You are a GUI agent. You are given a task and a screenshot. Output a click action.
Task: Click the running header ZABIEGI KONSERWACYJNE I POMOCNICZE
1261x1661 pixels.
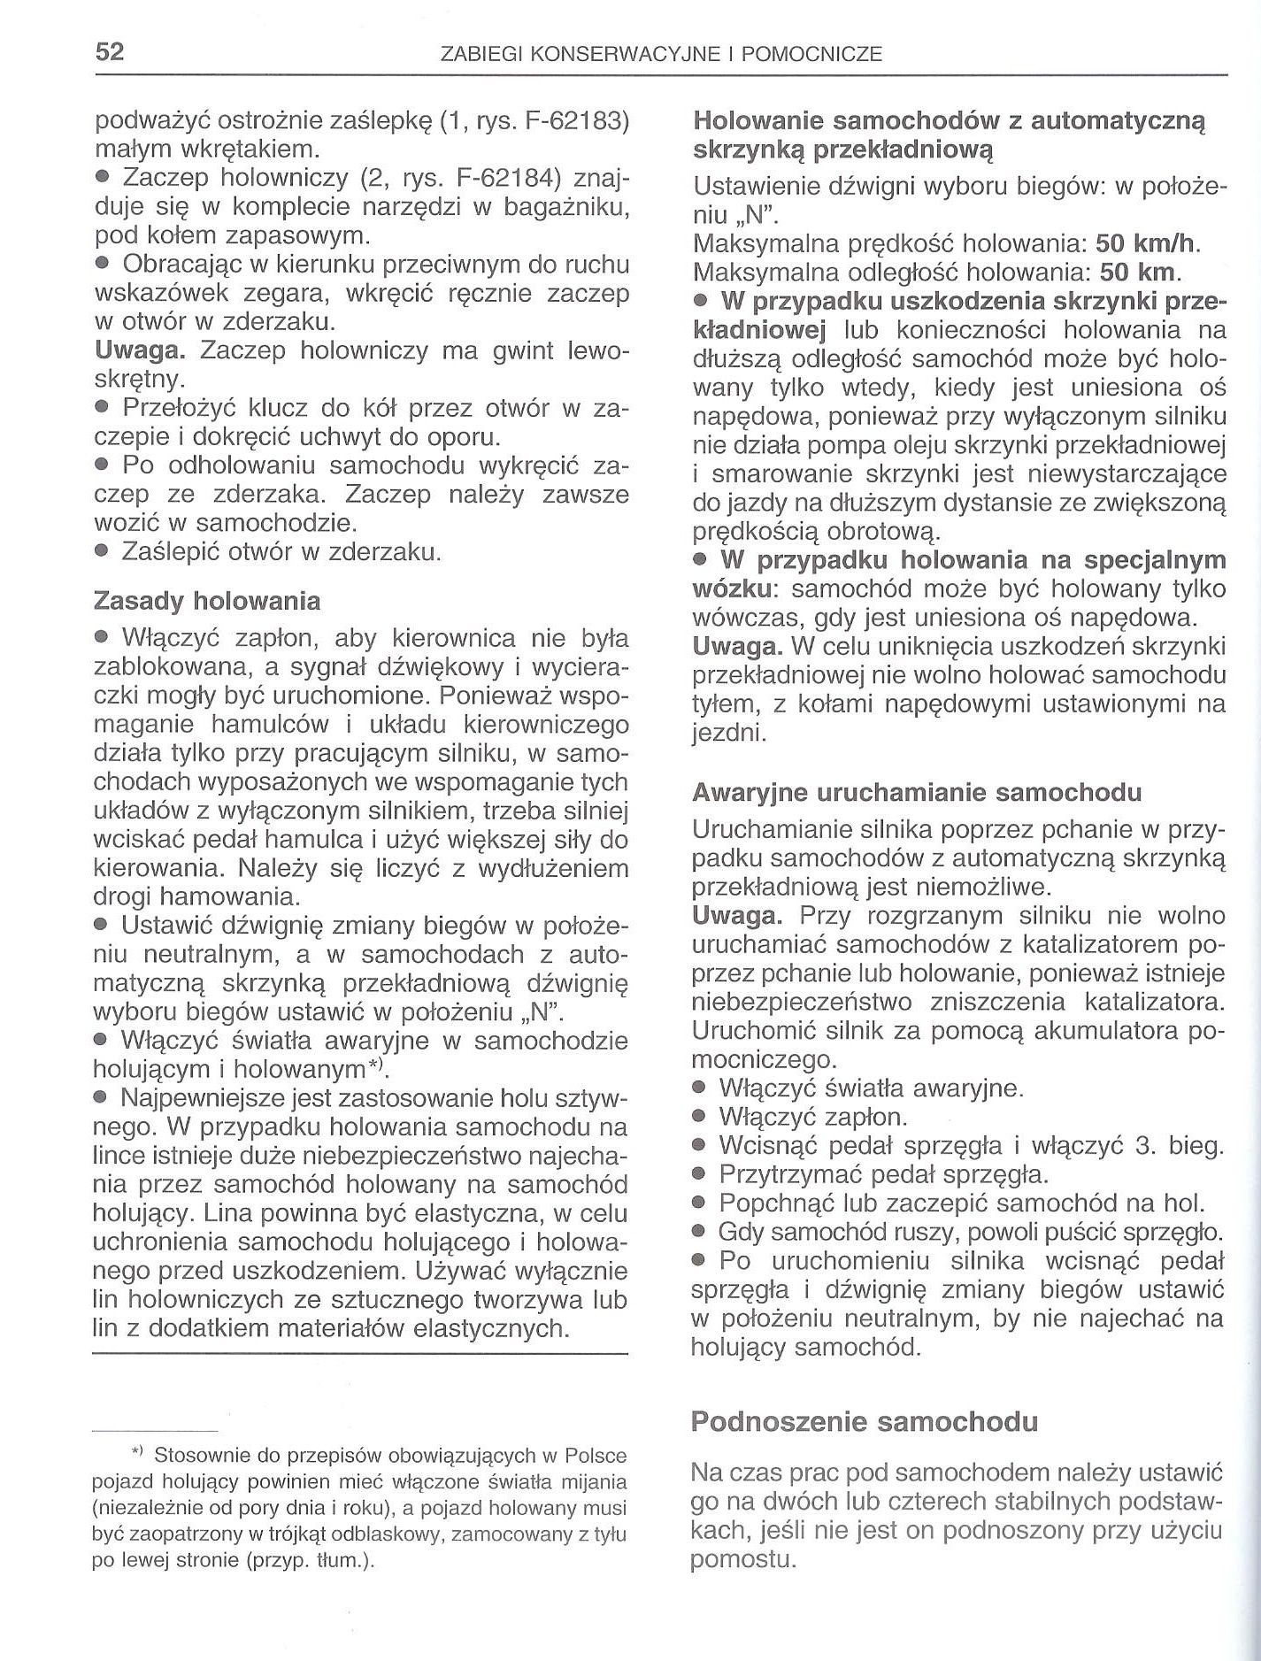[661, 55]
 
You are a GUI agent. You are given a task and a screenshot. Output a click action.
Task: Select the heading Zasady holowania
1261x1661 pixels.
[207, 601]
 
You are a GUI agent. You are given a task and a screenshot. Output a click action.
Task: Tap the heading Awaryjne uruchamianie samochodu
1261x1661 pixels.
[916, 792]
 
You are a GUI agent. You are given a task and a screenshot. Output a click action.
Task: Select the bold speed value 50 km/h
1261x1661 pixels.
[1146, 242]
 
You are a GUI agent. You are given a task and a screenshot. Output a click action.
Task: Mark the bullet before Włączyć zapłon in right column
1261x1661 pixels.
[699, 1117]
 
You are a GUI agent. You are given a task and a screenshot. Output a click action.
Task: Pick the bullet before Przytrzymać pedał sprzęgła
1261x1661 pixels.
[699, 1175]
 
